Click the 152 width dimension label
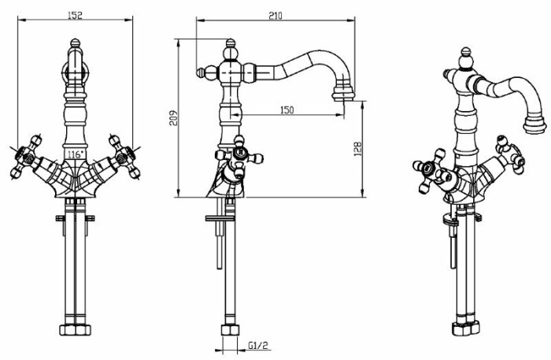pos(74,16)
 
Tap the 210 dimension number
pos(275,16)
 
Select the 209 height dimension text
pos(174,118)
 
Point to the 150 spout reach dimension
pos(287,110)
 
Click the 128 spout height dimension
pos(357,149)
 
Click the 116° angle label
pos(76,154)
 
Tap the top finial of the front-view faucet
pos(75,43)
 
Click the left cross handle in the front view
pos(25,157)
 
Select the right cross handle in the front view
pos(125,157)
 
